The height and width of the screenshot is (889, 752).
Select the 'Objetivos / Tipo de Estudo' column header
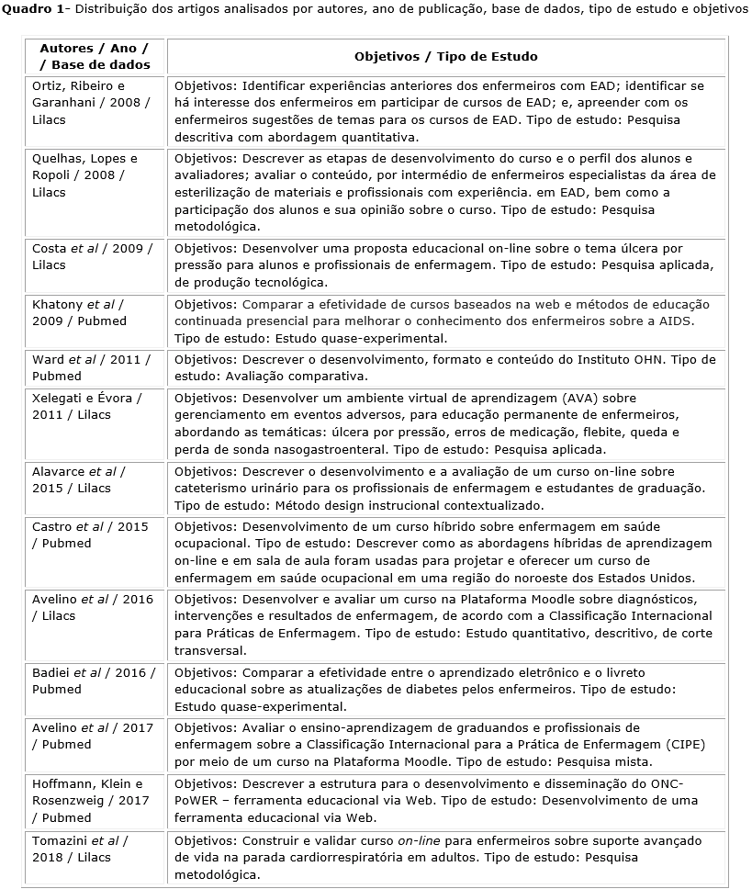(446, 56)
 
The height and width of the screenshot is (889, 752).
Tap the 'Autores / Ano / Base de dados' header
(95, 56)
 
